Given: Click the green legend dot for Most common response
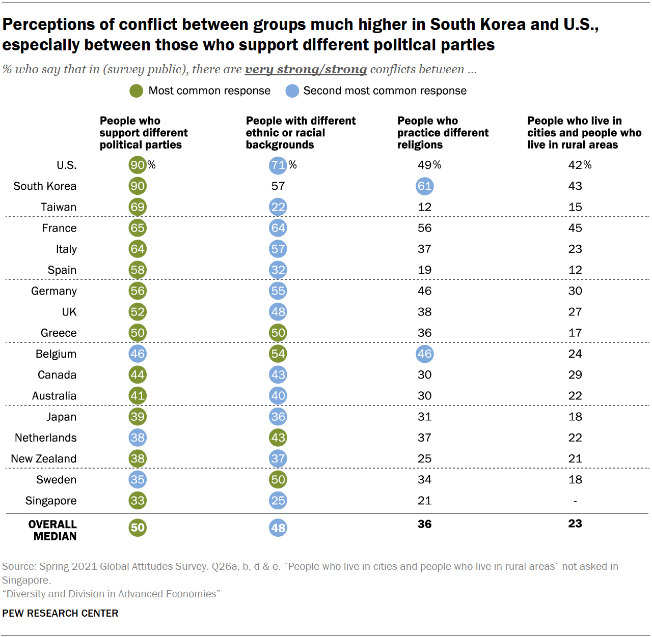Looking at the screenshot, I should [136, 91].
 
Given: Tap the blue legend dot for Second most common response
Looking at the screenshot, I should [292, 91].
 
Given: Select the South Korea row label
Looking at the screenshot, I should [45, 186].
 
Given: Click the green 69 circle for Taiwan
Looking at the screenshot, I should [138, 207].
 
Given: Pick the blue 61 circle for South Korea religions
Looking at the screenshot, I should [425, 186].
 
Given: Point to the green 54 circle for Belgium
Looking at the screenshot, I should [278, 354].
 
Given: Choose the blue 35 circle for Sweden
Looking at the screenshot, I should [138, 479].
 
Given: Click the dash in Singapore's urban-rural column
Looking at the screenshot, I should [575, 501].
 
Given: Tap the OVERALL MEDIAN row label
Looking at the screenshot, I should [52, 530].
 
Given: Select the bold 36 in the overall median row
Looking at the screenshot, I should [425, 524].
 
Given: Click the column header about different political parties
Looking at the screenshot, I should [144, 133].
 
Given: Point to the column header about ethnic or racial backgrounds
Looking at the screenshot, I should [301, 133].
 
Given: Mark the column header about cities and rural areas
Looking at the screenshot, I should [584, 133].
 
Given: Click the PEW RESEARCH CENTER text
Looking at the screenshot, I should [60, 613].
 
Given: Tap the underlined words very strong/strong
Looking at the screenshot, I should [306, 69].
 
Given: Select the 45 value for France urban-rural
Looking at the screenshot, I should [575, 228].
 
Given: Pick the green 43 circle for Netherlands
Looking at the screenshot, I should [278, 438].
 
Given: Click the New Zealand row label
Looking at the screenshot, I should [44, 459].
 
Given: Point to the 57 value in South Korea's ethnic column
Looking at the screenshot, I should [278, 186].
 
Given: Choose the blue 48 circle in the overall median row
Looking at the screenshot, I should [278, 528].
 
